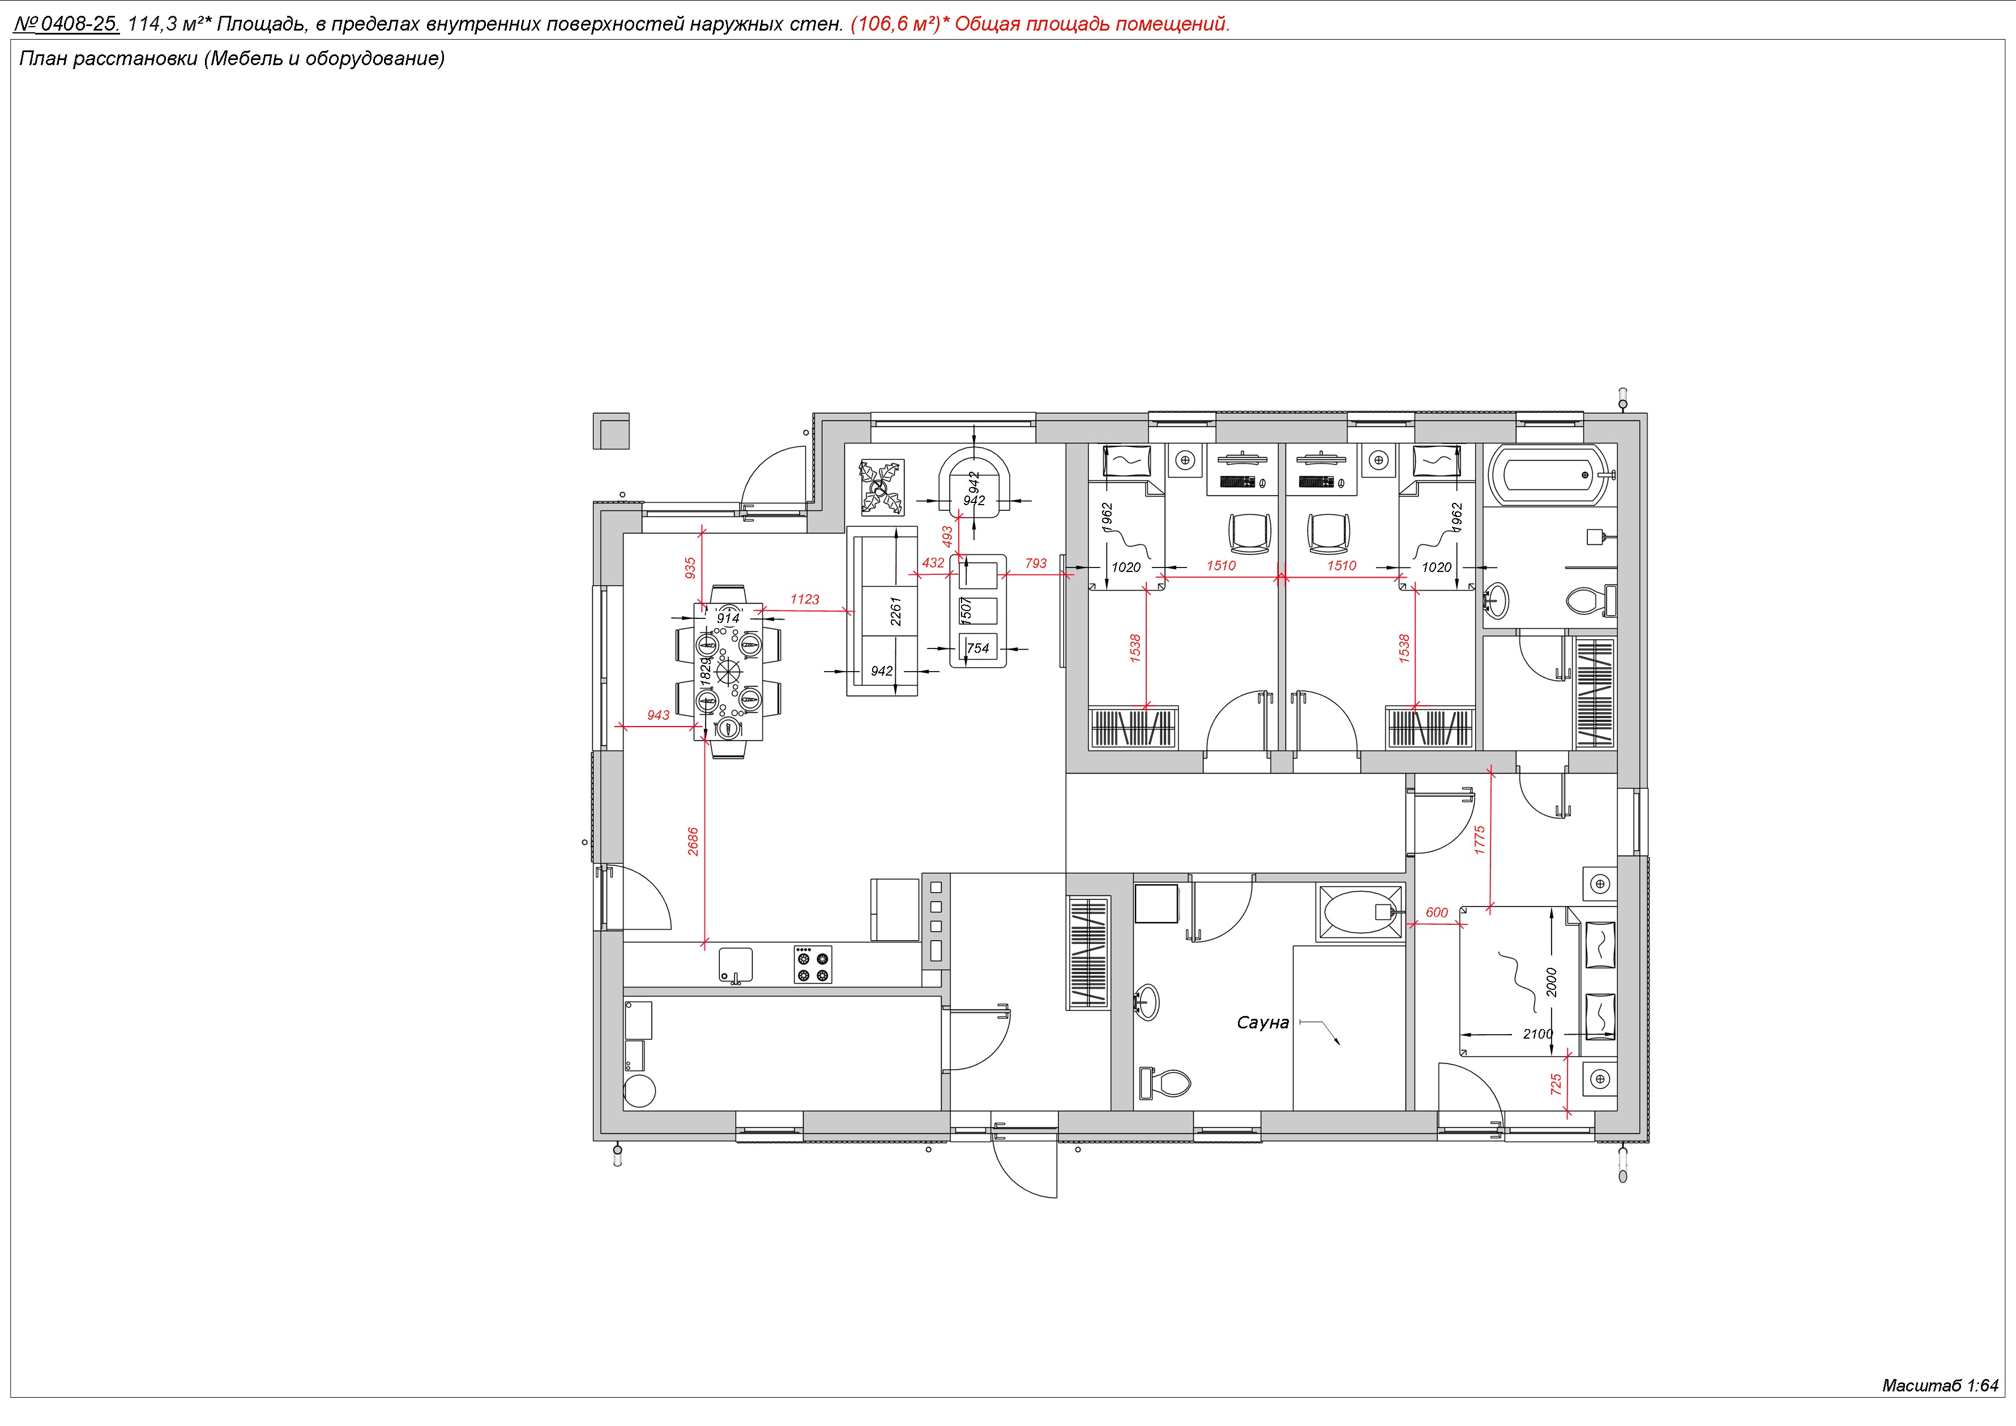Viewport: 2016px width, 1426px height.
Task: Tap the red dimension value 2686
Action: [693, 841]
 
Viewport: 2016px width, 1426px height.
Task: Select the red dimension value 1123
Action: [804, 599]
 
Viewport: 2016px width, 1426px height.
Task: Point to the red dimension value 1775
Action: [1480, 840]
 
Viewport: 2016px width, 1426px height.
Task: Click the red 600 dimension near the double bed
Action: [1437, 912]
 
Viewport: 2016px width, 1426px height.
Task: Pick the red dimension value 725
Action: [1556, 1085]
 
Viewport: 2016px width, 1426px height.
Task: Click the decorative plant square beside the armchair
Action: [881, 488]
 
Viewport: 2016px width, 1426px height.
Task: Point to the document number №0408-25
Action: [67, 24]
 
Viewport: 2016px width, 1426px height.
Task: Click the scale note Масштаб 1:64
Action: [1940, 1386]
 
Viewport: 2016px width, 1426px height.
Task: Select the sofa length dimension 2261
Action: [896, 611]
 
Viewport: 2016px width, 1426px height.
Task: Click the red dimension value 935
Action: [690, 568]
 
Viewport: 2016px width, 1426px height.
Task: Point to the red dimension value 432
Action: [933, 563]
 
